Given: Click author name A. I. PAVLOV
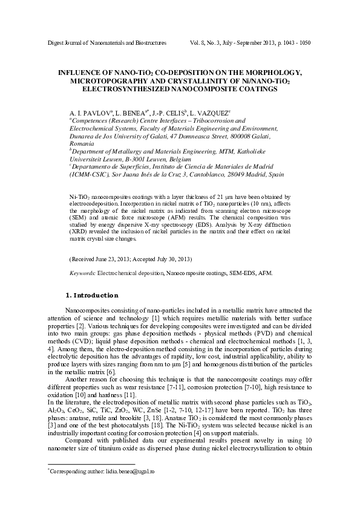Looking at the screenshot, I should (90, 113).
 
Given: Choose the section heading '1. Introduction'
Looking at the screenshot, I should (91, 296).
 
